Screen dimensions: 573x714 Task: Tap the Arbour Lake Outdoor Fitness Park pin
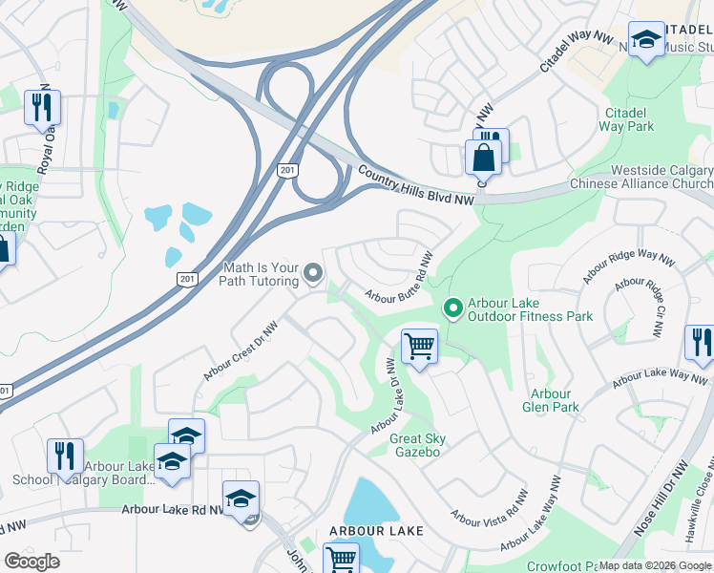click(453, 308)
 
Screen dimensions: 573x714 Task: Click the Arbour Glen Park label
click(551, 400)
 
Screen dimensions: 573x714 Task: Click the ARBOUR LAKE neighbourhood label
click(376, 530)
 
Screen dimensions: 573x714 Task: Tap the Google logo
click(31, 562)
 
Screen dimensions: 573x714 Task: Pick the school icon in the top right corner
click(646, 40)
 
